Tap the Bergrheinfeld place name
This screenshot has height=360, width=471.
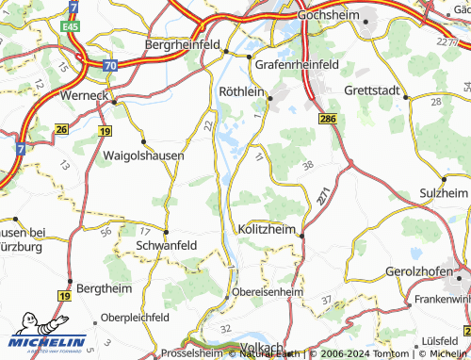(x=183, y=43)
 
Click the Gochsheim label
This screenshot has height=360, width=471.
(x=330, y=16)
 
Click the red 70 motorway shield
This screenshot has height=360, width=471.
(x=111, y=66)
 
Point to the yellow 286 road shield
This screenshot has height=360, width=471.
(x=328, y=122)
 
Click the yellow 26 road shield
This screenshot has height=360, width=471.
(x=62, y=128)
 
